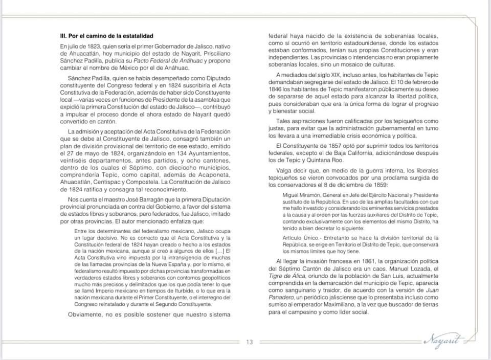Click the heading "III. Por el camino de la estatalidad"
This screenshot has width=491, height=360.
tap(106, 36)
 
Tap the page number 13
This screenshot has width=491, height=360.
tap(250, 342)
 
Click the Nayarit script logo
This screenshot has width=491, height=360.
tap(443, 340)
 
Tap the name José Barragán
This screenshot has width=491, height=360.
tap(138, 199)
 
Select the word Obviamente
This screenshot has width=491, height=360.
tap(88, 313)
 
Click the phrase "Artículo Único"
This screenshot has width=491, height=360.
tap(301, 238)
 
